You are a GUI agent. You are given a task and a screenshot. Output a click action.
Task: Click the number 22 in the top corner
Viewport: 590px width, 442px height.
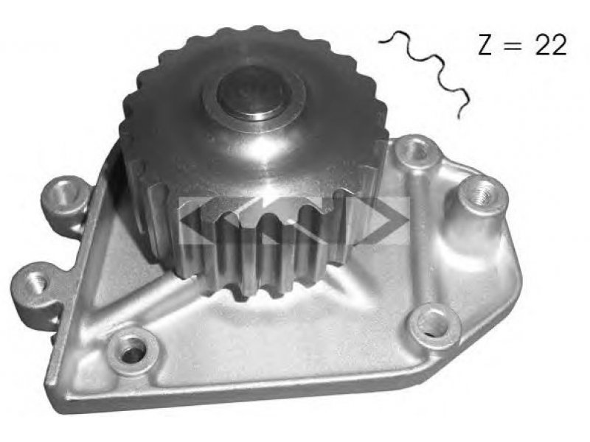(550, 46)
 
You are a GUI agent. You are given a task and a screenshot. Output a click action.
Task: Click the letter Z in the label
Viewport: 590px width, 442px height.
(485, 45)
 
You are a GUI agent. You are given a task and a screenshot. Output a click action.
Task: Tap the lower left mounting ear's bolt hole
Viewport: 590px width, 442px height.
(35, 282)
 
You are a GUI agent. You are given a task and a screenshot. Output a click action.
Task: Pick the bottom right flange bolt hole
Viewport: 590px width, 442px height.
(433, 324)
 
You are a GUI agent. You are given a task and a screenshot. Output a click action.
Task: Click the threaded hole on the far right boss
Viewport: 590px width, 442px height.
(482, 194)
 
